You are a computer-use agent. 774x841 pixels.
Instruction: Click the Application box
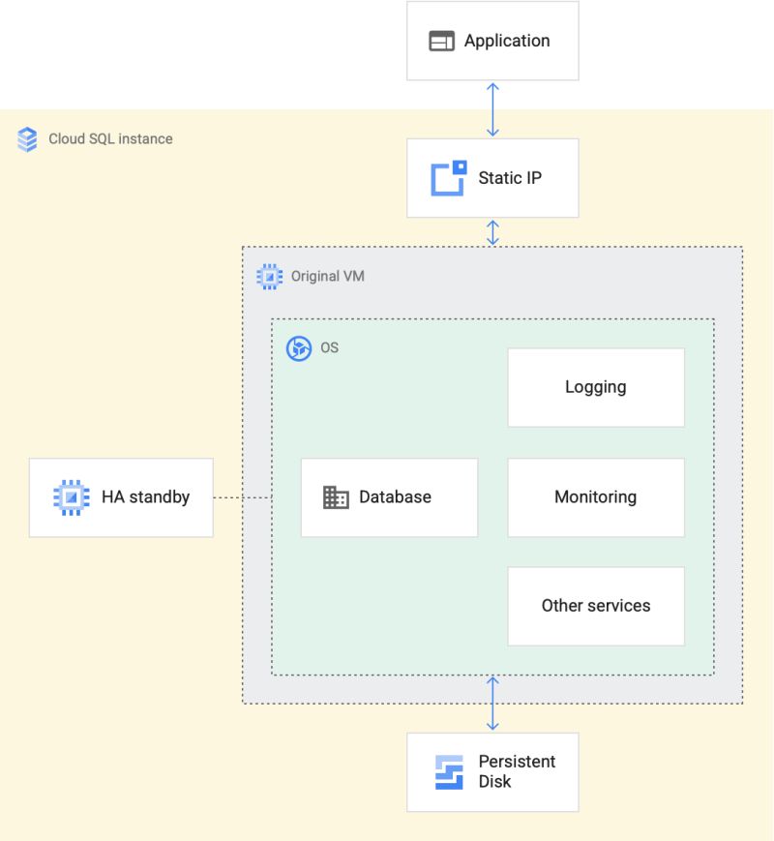pyautogui.click(x=492, y=41)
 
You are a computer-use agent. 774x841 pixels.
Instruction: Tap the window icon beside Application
pyautogui.click(x=441, y=42)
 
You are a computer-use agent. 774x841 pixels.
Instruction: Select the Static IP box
pyautogui.click(x=492, y=178)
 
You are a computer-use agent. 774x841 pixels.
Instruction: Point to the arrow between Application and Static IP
pyautogui.click(x=492, y=109)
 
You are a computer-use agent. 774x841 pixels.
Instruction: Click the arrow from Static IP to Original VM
pyautogui.click(x=492, y=232)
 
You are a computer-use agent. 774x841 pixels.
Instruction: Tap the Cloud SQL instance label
pyautogui.click(x=110, y=138)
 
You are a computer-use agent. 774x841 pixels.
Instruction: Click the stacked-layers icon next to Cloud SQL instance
pyautogui.click(x=28, y=138)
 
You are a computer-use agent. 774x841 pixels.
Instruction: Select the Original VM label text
pyautogui.click(x=328, y=277)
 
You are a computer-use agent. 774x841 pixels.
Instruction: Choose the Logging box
pyautogui.click(x=596, y=387)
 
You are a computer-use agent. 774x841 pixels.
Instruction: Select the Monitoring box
pyautogui.click(x=596, y=497)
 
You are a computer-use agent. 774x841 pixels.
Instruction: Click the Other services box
pyautogui.click(x=596, y=606)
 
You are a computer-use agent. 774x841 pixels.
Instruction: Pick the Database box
pyautogui.click(x=389, y=497)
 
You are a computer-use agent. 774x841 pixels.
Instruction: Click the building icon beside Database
pyautogui.click(x=335, y=497)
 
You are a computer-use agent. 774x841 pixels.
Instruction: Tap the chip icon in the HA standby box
pyautogui.click(x=71, y=497)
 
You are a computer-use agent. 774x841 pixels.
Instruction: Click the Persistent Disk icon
pyautogui.click(x=450, y=771)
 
